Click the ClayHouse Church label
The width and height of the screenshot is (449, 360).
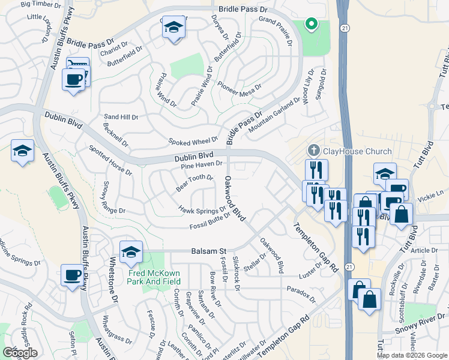(x=357, y=151)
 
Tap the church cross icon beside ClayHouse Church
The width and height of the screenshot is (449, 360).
(x=313, y=150)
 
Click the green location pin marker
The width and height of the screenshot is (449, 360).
(x=311, y=25)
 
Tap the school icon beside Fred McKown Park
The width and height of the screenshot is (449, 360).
(x=130, y=253)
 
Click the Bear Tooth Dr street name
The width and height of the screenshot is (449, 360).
(x=194, y=183)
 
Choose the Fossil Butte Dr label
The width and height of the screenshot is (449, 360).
(x=210, y=221)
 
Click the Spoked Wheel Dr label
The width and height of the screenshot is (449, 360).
(x=193, y=140)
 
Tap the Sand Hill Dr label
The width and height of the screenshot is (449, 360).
(x=121, y=116)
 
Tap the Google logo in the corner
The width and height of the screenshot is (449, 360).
(x=20, y=353)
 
